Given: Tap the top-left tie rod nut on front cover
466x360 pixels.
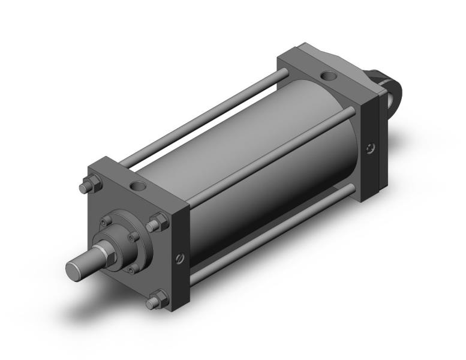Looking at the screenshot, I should [86, 188].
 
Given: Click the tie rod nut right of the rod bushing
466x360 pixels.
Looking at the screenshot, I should [159, 224].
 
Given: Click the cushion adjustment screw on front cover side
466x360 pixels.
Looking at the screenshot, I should [179, 259].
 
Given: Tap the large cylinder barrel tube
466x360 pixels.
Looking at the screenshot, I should [282, 174].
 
